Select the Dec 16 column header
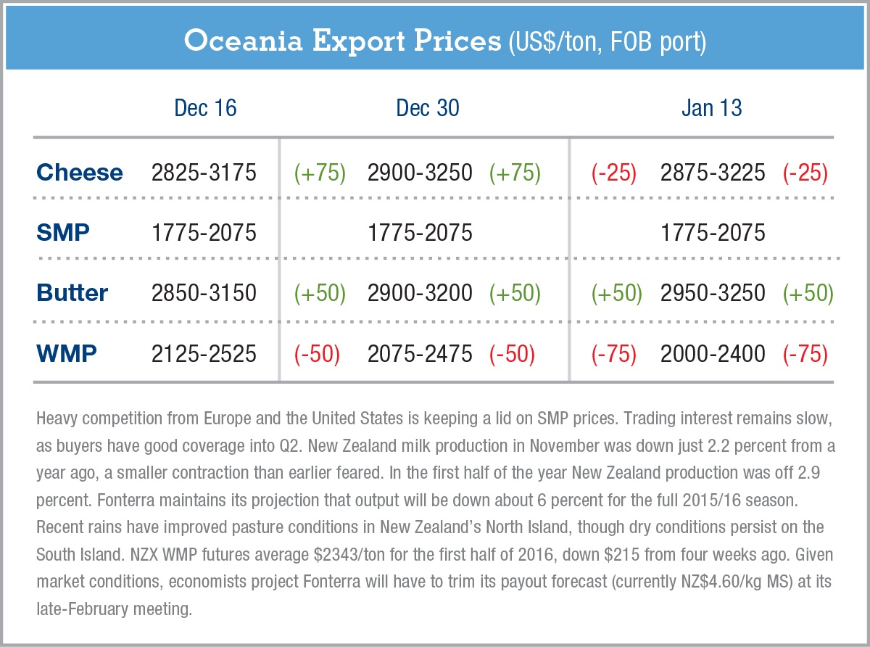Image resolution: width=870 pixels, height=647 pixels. pos(205,108)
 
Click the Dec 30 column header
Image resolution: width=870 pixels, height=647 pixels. pos(427,108)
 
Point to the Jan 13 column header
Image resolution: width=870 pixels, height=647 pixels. pos(711,108)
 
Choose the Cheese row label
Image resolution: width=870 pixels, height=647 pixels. pos(80,173)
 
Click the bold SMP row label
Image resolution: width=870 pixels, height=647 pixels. pos(63,233)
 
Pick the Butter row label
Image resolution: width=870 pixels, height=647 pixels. pos(72,293)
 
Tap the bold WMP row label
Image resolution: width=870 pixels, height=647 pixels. pos(66,353)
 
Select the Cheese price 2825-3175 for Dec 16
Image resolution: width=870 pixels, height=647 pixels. pos(204,173)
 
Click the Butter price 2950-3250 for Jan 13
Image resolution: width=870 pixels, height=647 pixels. pos(713,293)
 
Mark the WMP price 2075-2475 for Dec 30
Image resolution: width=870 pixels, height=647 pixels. pos(420,353)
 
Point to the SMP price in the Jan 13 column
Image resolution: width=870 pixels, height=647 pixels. pos(713,233)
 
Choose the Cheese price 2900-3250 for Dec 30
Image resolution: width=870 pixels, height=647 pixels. pos(420,173)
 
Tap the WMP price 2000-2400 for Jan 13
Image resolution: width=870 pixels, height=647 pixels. pos(713,353)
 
